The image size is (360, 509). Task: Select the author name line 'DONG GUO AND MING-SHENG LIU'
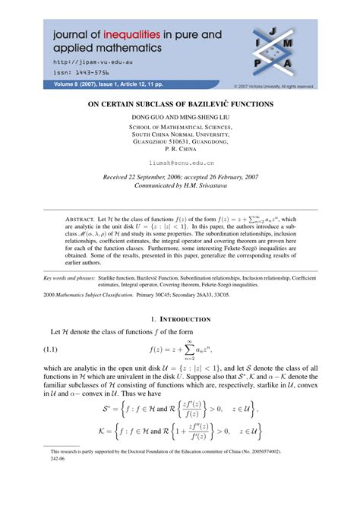coord(180,117)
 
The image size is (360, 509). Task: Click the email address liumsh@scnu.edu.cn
coord(180,163)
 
